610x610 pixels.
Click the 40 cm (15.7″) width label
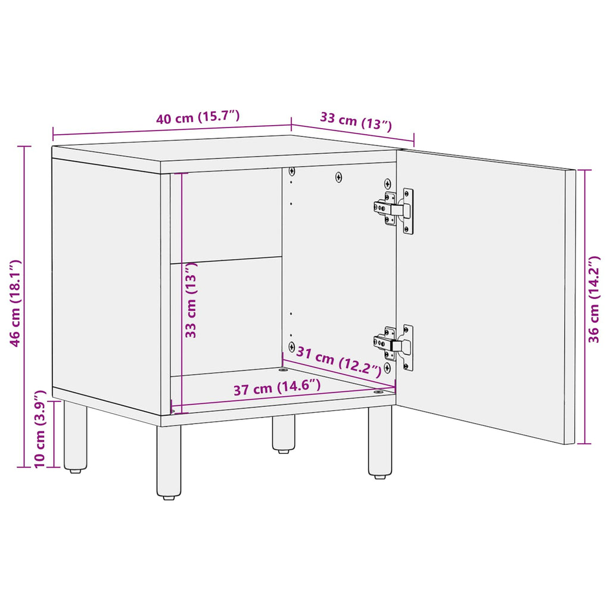tap(198, 117)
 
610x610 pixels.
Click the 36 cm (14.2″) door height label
tap(594, 300)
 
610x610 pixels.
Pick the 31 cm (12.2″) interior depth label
tap(339, 361)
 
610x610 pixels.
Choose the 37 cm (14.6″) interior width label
tap(277, 388)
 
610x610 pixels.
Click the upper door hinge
tap(394, 210)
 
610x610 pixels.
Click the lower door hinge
tap(394, 344)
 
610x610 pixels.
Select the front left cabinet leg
tap(169, 462)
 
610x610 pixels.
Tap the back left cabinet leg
tap(75, 437)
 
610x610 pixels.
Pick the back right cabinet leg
tap(284, 434)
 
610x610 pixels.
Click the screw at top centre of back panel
tap(339, 177)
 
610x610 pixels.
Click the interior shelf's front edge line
tap(226, 260)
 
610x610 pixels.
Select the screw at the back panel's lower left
tap(291, 346)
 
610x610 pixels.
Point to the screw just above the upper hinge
tap(388, 183)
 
